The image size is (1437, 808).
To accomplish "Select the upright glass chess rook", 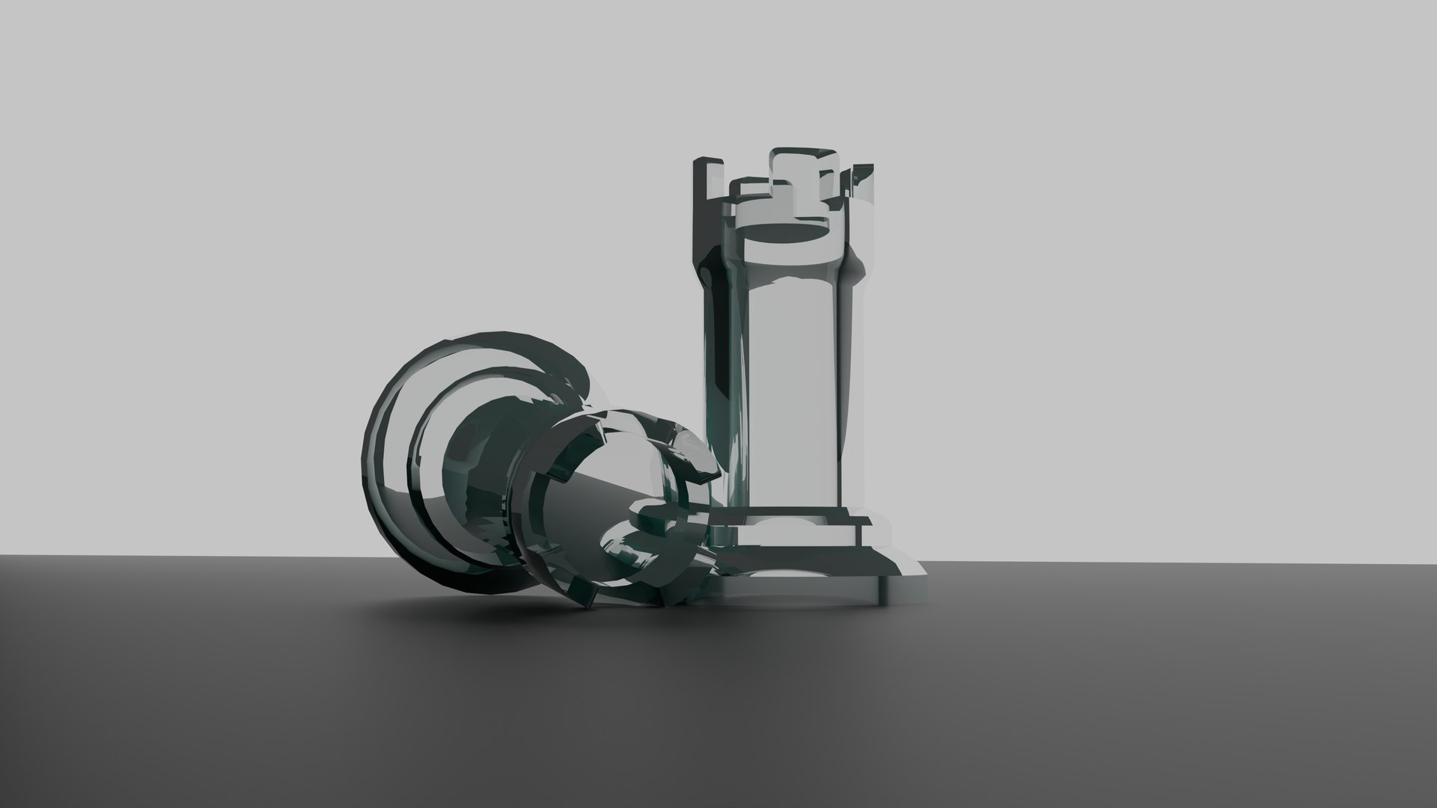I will coord(793,359).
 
